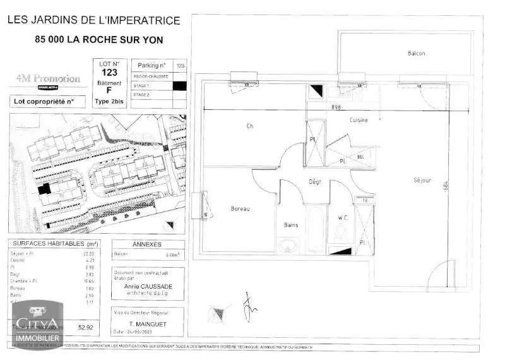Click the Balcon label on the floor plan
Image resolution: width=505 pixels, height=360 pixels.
click(x=416, y=54)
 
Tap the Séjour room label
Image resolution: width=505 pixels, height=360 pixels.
click(x=422, y=180)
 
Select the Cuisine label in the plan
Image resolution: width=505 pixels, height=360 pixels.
click(x=359, y=120)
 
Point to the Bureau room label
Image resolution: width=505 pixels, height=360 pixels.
click(x=240, y=208)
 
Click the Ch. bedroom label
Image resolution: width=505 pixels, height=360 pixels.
click(x=250, y=126)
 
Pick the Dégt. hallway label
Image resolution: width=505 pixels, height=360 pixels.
click(x=316, y=182)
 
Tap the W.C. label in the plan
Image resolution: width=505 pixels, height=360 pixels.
click(x=343, y=218)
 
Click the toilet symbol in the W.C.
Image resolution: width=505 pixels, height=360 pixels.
click(x=342, y=234)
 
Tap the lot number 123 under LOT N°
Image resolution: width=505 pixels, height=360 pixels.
click(x=109, y=73)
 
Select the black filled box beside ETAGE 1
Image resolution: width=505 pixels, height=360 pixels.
click(x=180, y=85)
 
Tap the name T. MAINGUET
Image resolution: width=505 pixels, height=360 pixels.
click(x=148, y=323)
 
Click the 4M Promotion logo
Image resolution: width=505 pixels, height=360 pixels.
click(x=49, y=80)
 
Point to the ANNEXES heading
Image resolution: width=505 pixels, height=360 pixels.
click(x=147, y=244)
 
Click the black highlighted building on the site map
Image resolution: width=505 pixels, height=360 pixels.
click(x=44, y=189)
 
